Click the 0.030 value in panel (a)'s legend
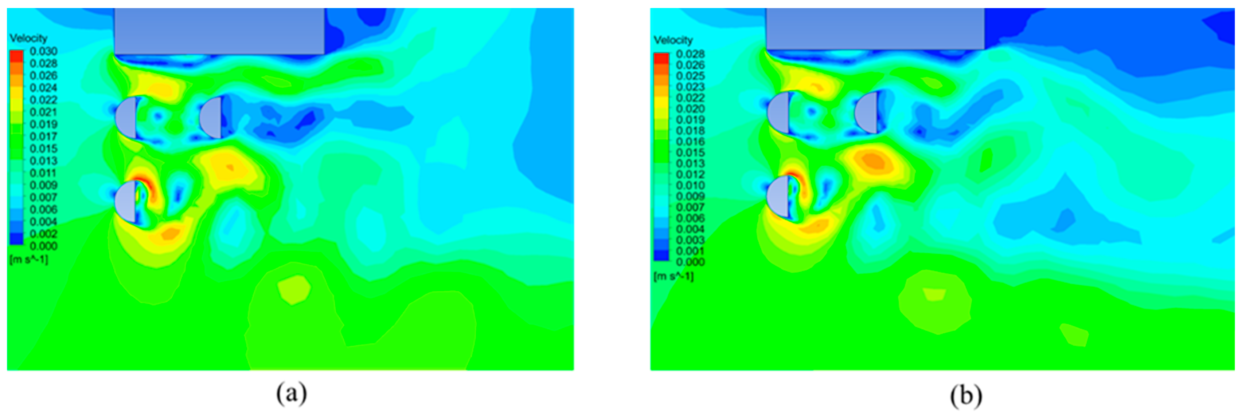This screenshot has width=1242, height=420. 43,51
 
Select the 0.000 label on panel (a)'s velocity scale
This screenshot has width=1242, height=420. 43,246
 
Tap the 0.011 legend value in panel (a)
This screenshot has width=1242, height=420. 43,173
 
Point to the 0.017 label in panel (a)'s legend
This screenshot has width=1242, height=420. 43,136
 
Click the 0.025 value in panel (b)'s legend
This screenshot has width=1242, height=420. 690,76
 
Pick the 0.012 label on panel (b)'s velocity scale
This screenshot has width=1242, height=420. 690,174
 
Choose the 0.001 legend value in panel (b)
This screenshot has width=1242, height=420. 690,251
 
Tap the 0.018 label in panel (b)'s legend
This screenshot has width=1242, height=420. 690,131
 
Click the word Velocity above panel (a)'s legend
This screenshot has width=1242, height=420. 28,38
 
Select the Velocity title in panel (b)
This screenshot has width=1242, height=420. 673,40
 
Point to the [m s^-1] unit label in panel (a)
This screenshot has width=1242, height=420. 28,259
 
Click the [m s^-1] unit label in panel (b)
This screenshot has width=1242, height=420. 673,277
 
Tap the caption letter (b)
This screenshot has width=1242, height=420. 966,396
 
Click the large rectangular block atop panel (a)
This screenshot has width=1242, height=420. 219,31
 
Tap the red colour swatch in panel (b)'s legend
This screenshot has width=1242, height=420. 661,58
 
